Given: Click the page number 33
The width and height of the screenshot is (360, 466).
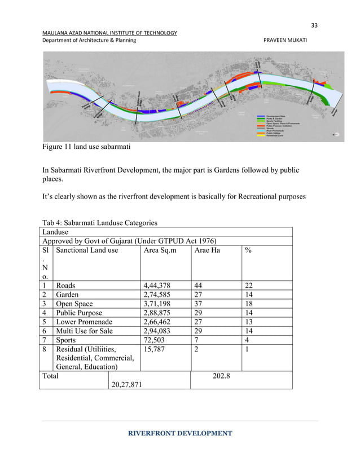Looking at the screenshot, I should (314, 24).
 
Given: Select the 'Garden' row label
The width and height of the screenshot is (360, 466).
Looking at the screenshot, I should (67, 294).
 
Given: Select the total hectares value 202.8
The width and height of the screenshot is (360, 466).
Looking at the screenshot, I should (220, 375).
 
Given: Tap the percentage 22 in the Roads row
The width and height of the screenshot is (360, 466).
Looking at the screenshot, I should (249, 285).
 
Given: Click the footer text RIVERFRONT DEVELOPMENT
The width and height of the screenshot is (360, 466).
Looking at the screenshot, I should (179, 433).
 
